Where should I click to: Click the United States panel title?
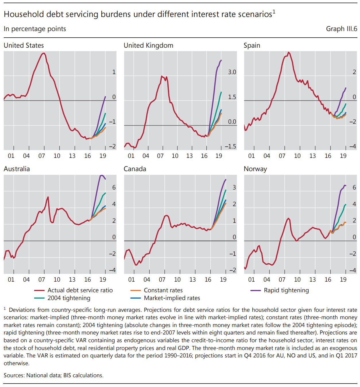click(24, 45)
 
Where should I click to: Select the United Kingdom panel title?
click(148, 45)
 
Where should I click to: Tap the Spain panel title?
click(252, 45)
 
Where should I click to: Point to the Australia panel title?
click(17, 169)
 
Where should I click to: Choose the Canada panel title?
click(135, 169)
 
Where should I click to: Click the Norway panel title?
click(255, 169)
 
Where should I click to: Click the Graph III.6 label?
click(341, 29)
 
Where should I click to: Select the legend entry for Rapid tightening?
click(286, 290)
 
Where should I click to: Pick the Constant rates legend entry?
click(163, 290)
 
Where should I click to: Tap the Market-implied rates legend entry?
click(172, 298)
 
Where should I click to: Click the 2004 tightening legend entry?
click(69, 298)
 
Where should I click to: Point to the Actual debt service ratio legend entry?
click(80, 290)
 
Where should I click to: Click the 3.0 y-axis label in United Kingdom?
click(232, 72)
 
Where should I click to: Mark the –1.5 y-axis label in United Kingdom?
click(230, 147)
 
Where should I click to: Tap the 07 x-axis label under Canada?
click(162, 280)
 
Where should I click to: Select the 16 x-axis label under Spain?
click(328, 156)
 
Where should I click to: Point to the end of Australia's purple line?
click(105, 179)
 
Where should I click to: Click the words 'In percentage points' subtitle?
click(35, 29)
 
